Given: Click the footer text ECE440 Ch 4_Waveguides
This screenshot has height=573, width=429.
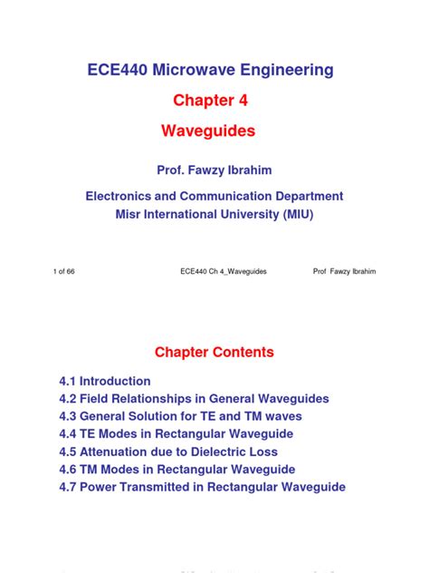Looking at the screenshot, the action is coord(218,272).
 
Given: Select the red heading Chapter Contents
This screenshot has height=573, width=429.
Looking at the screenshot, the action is coord(214,352).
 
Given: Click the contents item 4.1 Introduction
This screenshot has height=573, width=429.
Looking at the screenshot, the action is coord(105,381).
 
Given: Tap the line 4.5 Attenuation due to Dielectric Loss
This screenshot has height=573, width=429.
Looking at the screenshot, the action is coord(168,452).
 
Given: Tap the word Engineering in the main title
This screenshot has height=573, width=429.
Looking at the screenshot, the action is coord(290,70).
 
